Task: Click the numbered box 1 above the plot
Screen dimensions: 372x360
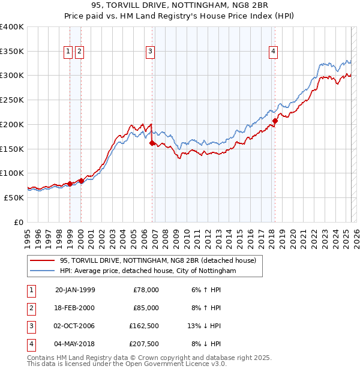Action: pos(68,52)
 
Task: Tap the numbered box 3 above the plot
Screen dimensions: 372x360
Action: pos(149,52)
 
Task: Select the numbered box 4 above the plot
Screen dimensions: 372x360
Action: pos(273,52)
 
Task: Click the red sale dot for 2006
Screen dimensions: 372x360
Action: pos(152,143)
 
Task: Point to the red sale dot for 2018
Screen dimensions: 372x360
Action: pos(275,121)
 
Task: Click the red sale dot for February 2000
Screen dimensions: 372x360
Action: pos(81,180)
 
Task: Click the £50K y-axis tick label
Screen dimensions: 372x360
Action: pos(14,197)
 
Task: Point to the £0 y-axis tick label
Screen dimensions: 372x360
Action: pos(20,222)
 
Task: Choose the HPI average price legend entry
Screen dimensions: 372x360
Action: pos(148,271)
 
